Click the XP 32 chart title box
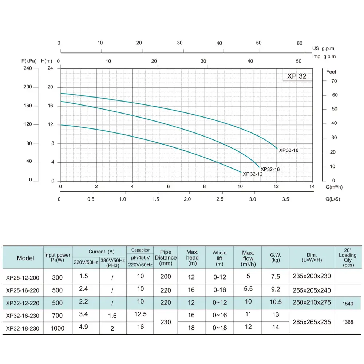[x=297, y=76]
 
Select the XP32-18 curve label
[x=289, y=150]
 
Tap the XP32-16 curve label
[x=270, y=169]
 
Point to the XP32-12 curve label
[x=252, y=174]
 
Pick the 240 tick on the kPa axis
[x=28, y=68]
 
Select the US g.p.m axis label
[x=323, y=48]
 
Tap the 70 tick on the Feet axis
[x=334, y=81]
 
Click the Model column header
[x=25, y=258]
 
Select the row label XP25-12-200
[x=23, y=277]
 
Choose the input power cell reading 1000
[x=58, y=328]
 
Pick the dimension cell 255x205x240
[x=312, y=290]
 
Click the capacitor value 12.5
[x=140, y=314]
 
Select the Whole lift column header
[x=219, y=258]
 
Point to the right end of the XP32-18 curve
[x=277, y=149]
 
